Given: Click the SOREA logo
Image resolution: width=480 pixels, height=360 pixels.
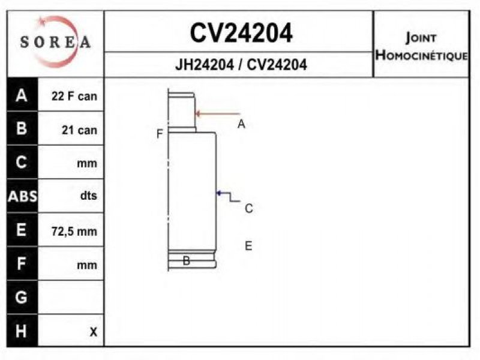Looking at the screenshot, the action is (55, 41).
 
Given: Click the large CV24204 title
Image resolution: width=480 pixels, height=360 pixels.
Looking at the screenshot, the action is (241, 33).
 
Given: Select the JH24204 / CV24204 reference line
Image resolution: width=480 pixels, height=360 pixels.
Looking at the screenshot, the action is (241, 65).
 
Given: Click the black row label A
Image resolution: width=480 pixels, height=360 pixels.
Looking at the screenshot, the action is (22, 95).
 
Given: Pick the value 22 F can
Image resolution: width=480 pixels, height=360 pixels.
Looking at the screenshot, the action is (74, 96).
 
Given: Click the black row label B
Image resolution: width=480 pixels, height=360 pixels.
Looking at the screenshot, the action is (22, 128).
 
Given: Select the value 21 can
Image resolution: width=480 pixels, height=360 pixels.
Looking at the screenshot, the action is (79, 130).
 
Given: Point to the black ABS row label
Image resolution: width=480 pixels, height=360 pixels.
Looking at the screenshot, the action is (22, 196).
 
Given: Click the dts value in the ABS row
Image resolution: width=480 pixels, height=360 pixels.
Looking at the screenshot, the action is (88, 195).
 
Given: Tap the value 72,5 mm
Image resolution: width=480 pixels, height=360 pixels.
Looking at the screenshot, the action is (74, 232).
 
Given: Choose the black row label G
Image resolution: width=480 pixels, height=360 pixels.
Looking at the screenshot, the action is (21, 297).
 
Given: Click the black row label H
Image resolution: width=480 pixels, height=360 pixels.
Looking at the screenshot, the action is (21, 331).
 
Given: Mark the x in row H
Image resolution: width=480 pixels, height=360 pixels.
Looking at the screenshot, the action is (94, 332).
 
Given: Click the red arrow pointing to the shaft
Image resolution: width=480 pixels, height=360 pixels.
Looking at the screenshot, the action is (218, 114).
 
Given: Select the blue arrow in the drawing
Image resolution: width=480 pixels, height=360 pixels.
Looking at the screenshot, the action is (228, 196).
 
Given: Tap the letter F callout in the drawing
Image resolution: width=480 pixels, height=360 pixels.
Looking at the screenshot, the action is (160, 134).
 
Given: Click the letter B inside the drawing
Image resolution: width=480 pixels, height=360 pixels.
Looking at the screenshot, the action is (186, 260).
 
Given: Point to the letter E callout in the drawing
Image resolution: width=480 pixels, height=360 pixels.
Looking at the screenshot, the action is (248, 246).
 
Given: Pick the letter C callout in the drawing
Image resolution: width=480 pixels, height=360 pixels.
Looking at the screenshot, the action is (249, 208).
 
